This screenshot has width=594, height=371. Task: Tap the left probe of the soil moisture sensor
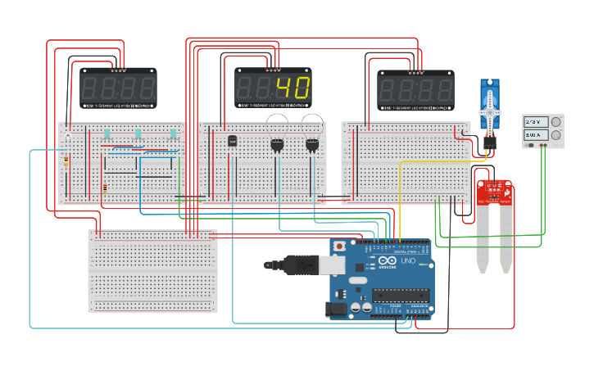click(x=483, y=242)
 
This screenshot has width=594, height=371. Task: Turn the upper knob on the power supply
click(x=555, y=122)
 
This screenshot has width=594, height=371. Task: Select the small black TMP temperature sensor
click(x=232, y=142)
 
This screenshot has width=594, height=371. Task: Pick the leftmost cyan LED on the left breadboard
click(x=107, y=133)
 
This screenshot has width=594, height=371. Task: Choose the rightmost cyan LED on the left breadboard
click(x=173, y=133)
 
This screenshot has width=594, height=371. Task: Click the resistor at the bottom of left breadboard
click(x=105, y=188)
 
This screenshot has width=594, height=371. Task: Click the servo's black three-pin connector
click(x=490, y=142)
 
